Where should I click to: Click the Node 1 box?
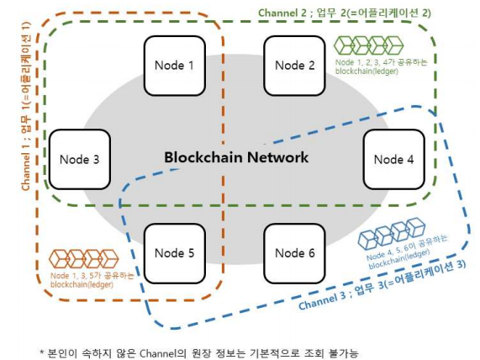[x=175, y=66]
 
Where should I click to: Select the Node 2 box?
[x=295, y=66]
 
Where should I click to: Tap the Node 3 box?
[x=80, y=159]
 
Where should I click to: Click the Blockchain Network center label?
[x=236, y=157]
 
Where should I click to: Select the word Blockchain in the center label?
[x=203, y=157]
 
